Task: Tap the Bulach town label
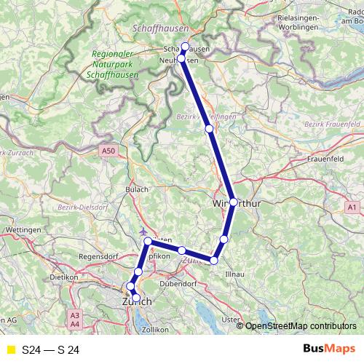tap(138, 190)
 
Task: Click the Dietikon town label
tap(63, 278)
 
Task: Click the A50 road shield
tap(108, 151)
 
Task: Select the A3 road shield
tap(74, 316)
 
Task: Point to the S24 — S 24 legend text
tap(51, 349)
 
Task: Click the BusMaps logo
tap(326, 349)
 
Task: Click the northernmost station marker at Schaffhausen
tap(185, 47)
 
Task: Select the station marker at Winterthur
tap(233, 202)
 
